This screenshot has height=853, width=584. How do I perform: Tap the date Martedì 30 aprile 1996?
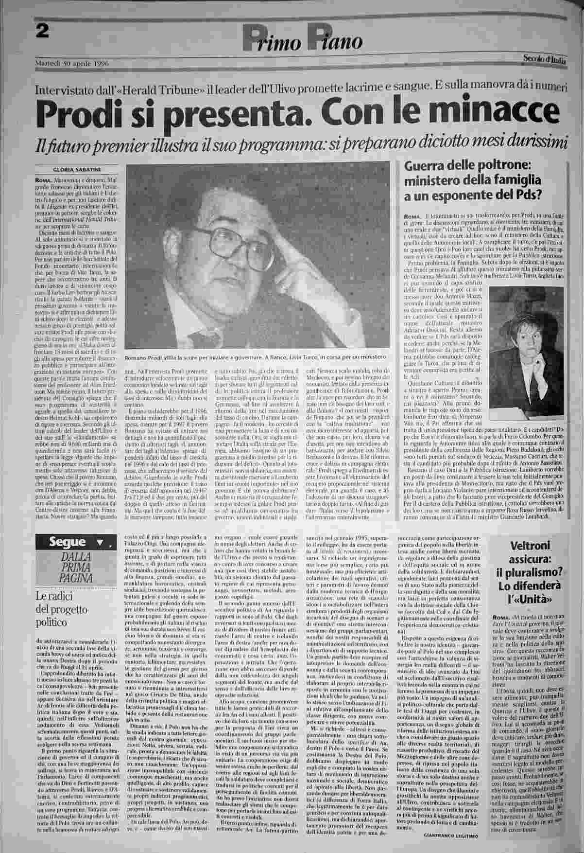[x=72, y=64]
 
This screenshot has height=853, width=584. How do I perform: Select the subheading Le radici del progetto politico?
[x=61, y=610]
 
